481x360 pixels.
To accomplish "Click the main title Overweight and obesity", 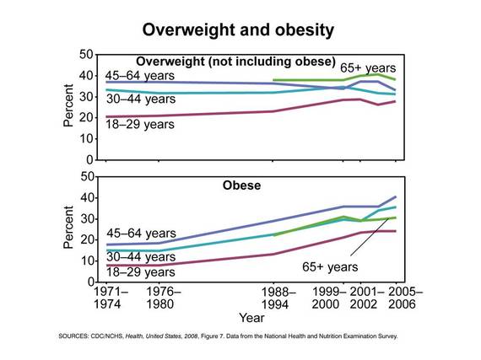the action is (238, 30).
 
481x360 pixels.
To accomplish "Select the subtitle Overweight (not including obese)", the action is (235, 62).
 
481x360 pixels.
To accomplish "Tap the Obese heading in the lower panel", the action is (241, 185).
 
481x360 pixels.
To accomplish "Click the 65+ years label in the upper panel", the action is (368, 68).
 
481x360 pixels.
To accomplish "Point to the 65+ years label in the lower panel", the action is (330, 267).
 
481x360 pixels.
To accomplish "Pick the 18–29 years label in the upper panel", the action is (140, 125).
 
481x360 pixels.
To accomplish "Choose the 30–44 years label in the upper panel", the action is (141, 99).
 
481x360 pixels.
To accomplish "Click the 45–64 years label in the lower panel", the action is (141, 234).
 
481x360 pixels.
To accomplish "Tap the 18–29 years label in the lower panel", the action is (140, 272).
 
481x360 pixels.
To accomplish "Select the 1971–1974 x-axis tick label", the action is (111, 298).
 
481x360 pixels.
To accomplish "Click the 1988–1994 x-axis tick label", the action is (278, 298).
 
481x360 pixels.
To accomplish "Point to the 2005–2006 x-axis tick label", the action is (405, 298).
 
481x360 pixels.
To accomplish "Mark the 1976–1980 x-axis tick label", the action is (164, 298).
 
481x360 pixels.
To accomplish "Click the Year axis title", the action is (251, 318).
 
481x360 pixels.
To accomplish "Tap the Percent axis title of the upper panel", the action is (68, 105).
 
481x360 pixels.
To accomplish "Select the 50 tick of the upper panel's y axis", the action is (86, 55).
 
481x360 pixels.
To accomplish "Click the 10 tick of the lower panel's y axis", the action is (86, 261).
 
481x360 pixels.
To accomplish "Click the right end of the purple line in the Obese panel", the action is (396, 196).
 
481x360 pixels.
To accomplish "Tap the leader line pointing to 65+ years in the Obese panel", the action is (370, 237).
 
